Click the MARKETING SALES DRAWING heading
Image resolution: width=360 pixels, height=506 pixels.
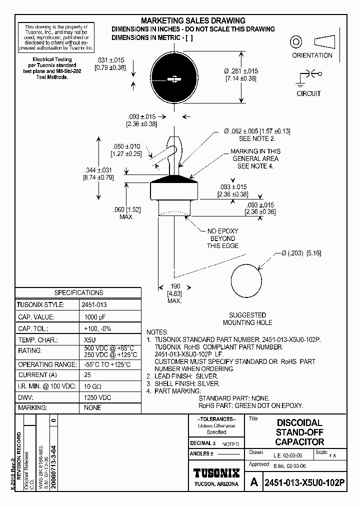pos(193,20)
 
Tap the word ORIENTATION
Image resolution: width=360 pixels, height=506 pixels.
pos(312,55)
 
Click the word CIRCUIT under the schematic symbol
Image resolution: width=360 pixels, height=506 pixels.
pos(308,93)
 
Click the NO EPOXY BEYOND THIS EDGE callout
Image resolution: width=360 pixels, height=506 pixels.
pos(222,238)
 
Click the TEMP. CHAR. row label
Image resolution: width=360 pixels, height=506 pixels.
pos(37,340)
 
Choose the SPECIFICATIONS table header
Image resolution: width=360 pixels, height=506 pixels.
pos(78,292)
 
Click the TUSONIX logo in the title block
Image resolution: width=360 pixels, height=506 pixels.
pos(216,473)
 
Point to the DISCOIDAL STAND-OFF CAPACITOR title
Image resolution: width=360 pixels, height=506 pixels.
pos(299,432)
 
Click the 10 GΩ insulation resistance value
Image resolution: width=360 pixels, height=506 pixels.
pos(93,386)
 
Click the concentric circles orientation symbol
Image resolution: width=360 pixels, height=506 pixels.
pos(295,41)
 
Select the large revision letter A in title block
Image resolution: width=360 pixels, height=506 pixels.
pos(254,482)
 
